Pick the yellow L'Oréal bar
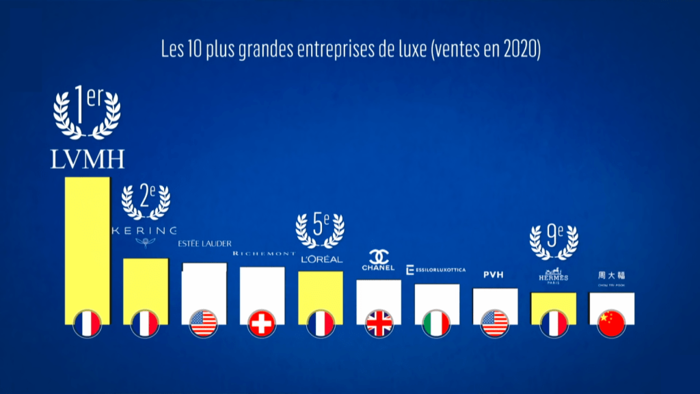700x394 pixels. [x=321, y=291]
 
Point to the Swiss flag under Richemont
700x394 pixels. [x=262, y=324]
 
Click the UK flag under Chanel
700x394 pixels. [x=379, y=324]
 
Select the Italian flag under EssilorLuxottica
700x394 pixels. [x=437, y=324]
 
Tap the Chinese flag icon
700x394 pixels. [x=612, y=324]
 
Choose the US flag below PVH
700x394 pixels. [x=496, y=324]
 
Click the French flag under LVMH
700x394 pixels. [x=87, y=324]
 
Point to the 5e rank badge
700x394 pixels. [x=320, y=231]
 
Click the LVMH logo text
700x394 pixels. [x=87, y=159]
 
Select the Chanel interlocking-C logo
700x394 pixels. [x=378, y=258]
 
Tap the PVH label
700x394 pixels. [x=493, y=275]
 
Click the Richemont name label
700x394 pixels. [x=264, y=253]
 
